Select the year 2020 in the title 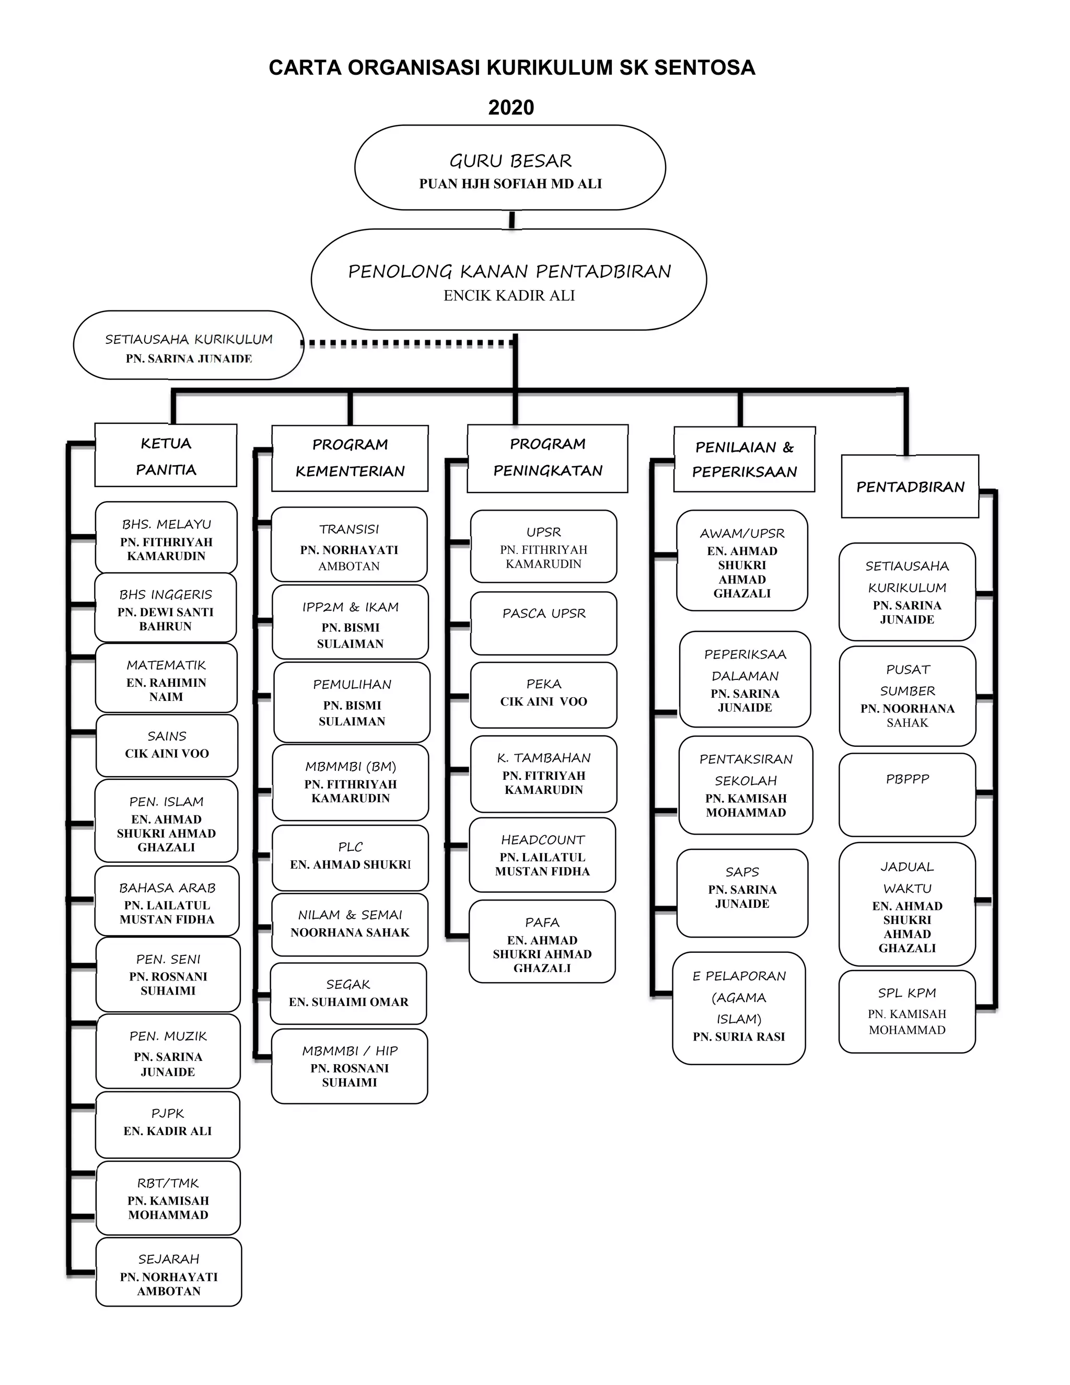pyautogui.click(x=511, y=108)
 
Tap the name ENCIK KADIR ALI pyautogui.click(x=509, y=295)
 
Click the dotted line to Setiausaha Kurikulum pyautogui.click(x=405, y=344)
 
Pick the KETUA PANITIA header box pyautogui.click(x=166, y=456)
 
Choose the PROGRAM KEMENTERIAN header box pyautogui.click(x=350, y=458)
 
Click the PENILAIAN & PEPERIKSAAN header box pyautogui.click(x=744, y=459)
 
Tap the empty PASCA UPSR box pyautogui.click(x=543, y=624)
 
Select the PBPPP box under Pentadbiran pyautogui.click(x=907, y=794)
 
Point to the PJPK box pyautogui.click(x=168, y=1124)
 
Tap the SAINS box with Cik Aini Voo pyautogui.click(x=167, y=745)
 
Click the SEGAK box pyautogui.click(x=348, y=993)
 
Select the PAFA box pyautogui.click(x=542, y=942)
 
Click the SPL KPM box pyautogui.click(x=907, y=1011)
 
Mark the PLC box pyautogui.click(x=350, y=857)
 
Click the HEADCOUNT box pyautogui.click(x=543, y=855)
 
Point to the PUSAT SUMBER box pyautogui.click(x=907, y=696)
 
